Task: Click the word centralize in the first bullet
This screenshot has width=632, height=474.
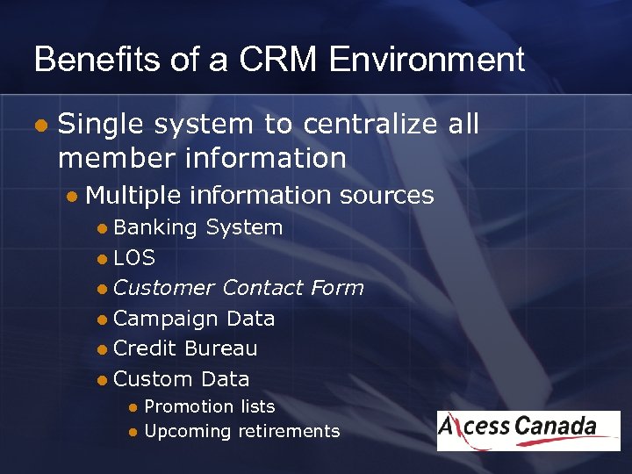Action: tap(370, 125)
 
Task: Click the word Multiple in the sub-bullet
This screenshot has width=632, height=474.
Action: tap(134, 195)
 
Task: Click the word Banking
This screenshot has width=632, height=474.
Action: tap(155, 227)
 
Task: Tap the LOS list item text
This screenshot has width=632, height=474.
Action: tap(134, 258)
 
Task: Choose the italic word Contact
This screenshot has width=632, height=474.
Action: tap(262, 288)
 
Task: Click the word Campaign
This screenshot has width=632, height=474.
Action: tap(166, 319)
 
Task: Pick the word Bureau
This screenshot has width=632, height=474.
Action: tap(220, 348)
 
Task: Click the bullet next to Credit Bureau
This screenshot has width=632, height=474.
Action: tap(103, 349)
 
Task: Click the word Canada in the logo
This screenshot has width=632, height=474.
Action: tap(556, 427)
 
